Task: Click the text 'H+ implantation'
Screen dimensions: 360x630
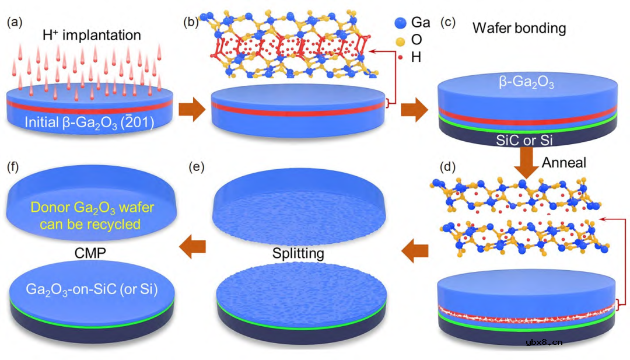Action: pos(92,35)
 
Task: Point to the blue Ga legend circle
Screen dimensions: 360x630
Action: pos(400,23)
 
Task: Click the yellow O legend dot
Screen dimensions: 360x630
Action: pos(400,40)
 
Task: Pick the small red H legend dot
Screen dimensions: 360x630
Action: pos(400,57)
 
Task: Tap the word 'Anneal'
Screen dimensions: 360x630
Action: pos(563,163)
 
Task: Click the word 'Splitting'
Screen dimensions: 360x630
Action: pos(300,254)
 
